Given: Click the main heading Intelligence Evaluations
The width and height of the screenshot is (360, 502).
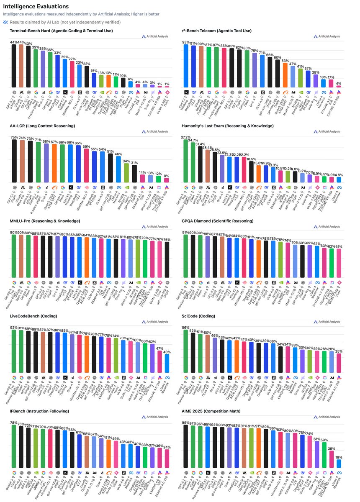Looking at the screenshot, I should click(x=36, y=7).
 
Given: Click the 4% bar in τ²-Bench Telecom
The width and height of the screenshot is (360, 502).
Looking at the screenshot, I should click(x=338, y=86).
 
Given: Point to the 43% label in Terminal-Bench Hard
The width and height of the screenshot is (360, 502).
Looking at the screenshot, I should click(x=28, y=44).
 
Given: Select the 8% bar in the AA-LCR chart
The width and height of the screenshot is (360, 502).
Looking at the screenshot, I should click(x=167, y=180).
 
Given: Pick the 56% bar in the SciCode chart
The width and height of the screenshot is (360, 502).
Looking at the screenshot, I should click(x=186, y=351).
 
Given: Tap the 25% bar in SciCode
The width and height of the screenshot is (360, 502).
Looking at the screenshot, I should click(x=338, y=363).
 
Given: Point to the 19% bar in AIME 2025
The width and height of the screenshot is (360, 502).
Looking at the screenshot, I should click(x=338, y=463).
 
